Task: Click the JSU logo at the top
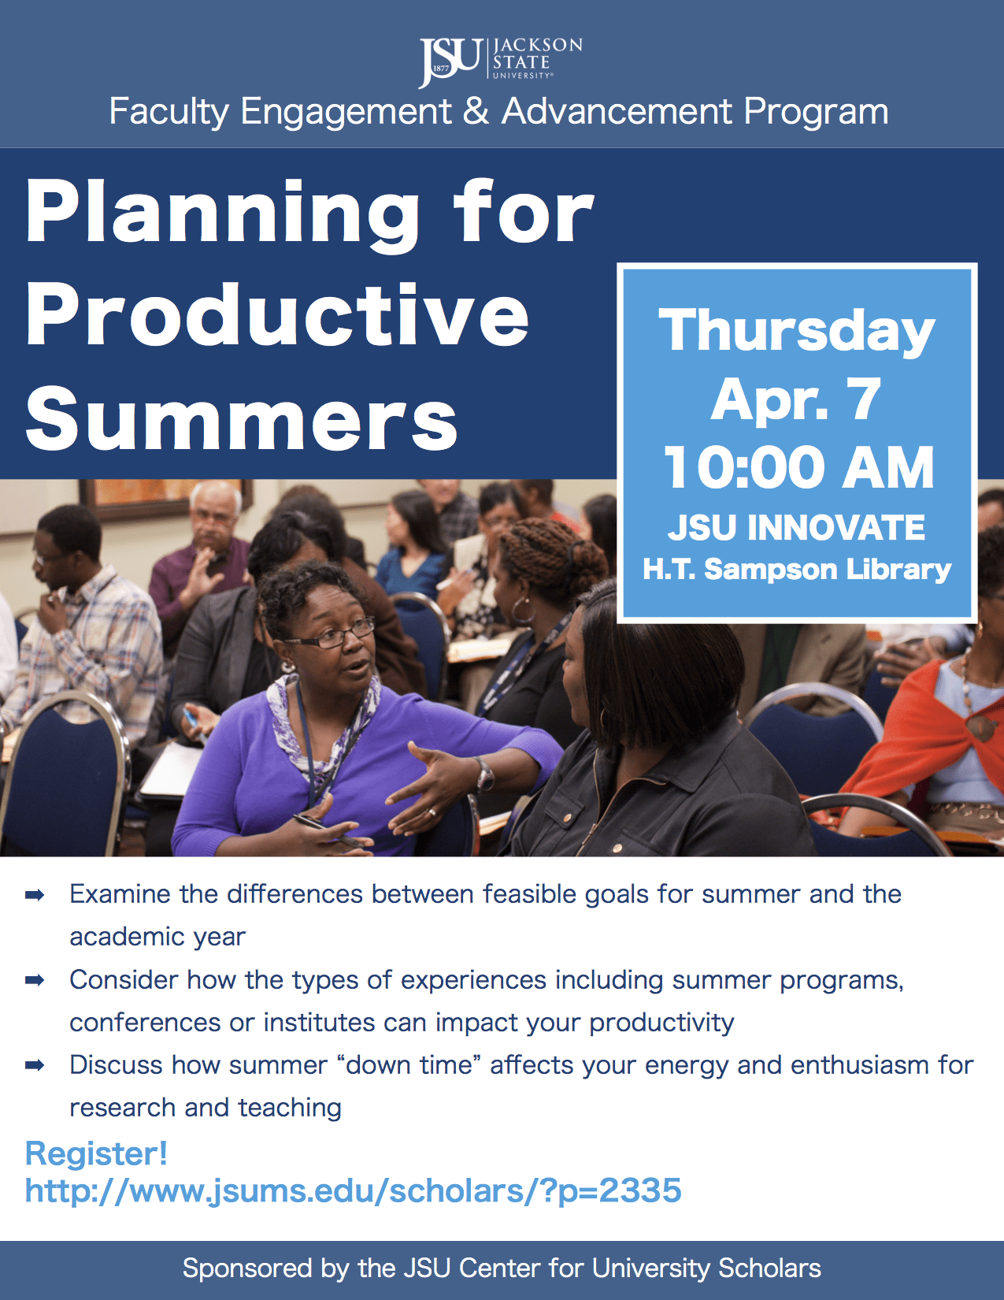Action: tap(501, 61)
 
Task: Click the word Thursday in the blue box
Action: tap(796, 332)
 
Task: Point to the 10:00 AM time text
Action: tap(799, 468)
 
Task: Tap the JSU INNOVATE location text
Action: tap(796, 527)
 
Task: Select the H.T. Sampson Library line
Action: tap(796, 569)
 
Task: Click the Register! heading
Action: tap(96, 1153)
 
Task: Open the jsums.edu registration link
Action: tap(353, 1190)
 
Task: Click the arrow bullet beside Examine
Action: tap(35, 895)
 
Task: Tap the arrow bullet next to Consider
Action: tap(35, 980)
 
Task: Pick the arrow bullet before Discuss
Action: tap(35, 1065)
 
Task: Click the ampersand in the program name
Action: tap(476, 111)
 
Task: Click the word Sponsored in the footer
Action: tap(247, 1269)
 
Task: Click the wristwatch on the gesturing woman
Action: tap(483, 774)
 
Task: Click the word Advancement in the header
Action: tap(617, 111)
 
